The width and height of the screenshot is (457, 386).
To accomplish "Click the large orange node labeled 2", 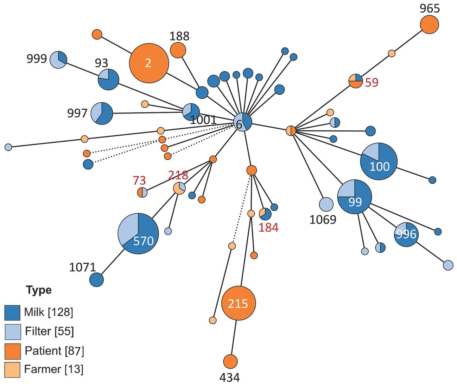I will tap(149, 63).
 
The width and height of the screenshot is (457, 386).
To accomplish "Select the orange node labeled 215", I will tap(239, 303).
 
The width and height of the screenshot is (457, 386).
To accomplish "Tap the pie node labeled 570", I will tap(138, 234).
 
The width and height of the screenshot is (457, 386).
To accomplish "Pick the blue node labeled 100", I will tap(379, 161).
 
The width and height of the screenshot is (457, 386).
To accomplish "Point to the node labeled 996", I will tap(406, 234).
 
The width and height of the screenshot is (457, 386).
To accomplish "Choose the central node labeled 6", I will tap(243, 123).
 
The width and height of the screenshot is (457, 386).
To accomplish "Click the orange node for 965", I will tap(429, 25).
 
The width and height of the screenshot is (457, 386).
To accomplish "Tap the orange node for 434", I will tap(230, 361).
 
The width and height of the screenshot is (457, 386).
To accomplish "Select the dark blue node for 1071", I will tap(96, 280).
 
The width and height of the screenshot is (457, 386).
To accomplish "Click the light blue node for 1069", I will tap(326, 204).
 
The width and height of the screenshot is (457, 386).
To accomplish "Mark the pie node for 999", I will tap(58, 60).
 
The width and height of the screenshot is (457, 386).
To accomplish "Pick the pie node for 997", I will tap(102, 113).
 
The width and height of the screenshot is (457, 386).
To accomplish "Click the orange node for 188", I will tap(178, 50).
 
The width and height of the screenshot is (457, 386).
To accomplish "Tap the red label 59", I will tap(371, 82).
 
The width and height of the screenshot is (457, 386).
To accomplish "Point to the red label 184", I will tap(268, 228).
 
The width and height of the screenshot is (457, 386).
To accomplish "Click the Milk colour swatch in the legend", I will tap(12, 312).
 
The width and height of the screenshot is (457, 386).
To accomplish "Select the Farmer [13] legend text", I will tap(53, 369).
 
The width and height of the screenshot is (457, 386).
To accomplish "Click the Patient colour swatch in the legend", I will tap(12, 351).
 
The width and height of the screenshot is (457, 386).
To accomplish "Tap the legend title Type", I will tap(39, 290).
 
